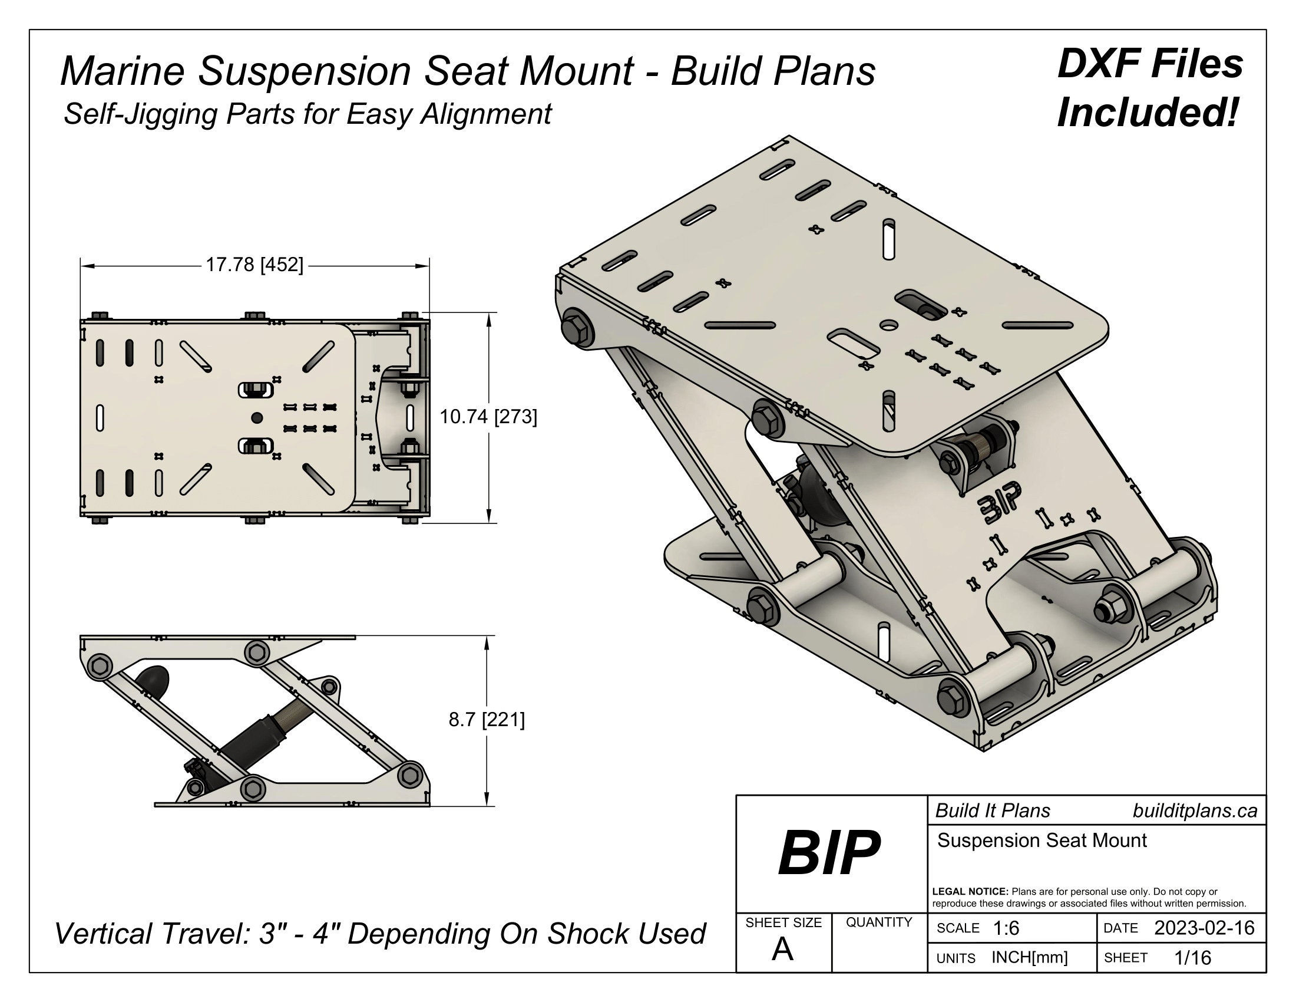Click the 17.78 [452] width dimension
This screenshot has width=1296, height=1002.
pos(254,265)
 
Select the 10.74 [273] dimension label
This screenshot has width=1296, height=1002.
pos(488,417)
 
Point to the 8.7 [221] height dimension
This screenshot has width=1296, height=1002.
pos(487,720)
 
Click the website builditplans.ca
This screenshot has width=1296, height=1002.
pos(1195,811)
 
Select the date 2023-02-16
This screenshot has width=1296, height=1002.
pos(1204,928)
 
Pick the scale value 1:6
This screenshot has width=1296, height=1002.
pos(1006,928)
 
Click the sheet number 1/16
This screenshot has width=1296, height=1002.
pos(1193,957)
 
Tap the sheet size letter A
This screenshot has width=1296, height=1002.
pos(782,950)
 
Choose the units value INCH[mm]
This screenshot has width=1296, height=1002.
pos(1030,957)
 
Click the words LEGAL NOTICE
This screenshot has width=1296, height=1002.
pos(970,892)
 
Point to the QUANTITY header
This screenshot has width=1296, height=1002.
pos(879,922)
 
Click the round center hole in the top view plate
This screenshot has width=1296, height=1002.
pos(257,418)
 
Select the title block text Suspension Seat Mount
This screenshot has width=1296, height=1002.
pos(1042,841)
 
